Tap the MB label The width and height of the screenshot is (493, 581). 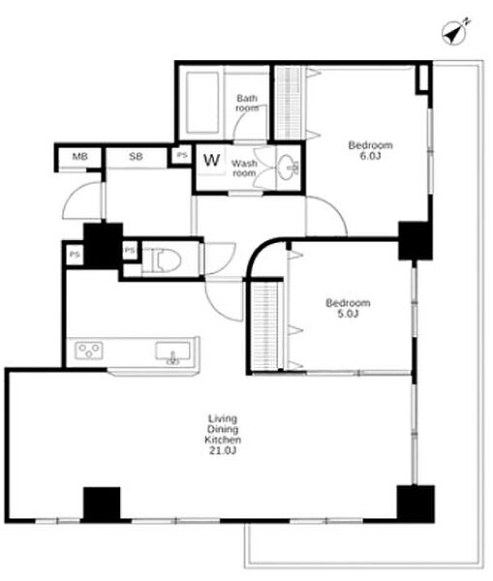(80, 156)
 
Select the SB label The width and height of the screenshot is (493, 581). (136, 156)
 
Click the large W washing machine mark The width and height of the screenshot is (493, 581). (212, 160)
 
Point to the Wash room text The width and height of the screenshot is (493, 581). (244, 168)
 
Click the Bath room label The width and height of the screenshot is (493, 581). (247, 103)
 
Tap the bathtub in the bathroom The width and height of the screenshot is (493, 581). (202, 103)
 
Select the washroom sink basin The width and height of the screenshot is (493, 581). (289, 167)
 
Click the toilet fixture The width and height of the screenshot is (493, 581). (167, 260)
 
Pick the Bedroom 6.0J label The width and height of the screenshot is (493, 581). (370, 150)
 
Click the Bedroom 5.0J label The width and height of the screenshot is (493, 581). (348, 308)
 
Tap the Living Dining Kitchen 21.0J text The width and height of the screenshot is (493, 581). (223, 435)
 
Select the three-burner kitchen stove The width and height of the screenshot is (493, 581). (89, 351)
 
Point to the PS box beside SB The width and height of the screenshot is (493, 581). (182, 155)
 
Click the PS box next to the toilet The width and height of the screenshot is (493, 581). (130, 251)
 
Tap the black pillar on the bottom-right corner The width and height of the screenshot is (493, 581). (416, 504)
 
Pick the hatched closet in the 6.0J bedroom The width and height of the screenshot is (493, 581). (289, 103)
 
